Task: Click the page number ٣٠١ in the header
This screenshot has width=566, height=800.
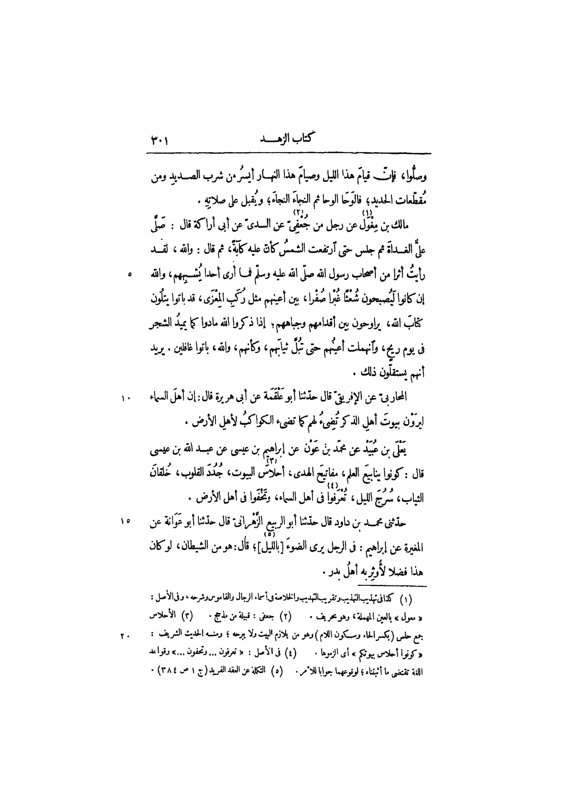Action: click(159, 140)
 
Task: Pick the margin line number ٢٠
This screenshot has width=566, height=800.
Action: click(126, 636)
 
